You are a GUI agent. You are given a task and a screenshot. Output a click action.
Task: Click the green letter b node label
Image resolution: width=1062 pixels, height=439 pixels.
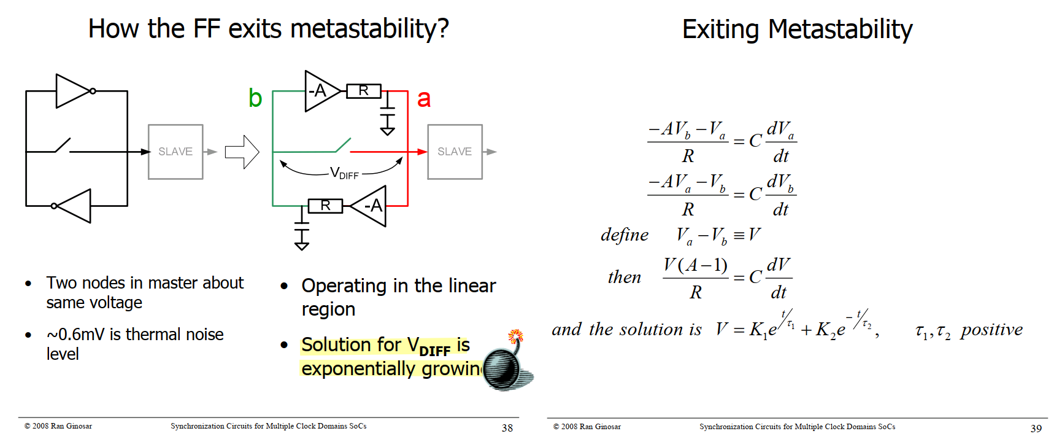(255, 98)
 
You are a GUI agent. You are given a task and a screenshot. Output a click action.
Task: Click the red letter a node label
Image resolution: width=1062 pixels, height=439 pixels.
(424, 99)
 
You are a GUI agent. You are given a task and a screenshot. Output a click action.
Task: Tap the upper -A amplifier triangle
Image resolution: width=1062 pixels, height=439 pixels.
(320, 91)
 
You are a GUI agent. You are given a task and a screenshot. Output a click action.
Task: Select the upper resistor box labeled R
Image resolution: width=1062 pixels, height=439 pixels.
(364, 91)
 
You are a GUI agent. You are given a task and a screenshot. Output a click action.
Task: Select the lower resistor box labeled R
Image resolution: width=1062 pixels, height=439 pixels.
(325, 206)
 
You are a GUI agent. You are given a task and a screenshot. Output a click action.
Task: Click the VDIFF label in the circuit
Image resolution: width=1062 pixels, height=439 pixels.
(344, 173)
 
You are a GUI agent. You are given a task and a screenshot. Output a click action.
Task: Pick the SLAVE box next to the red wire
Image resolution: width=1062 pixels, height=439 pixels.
(455, 152)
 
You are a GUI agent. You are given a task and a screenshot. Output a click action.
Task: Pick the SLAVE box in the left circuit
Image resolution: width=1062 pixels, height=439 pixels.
(175, 152)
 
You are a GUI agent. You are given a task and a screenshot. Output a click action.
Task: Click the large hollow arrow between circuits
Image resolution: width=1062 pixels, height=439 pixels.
(242, 152)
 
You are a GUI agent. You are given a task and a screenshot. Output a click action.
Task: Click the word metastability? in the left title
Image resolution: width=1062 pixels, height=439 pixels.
(369, 29)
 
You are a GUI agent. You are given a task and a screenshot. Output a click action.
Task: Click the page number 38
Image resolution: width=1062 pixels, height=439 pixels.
(507, 428)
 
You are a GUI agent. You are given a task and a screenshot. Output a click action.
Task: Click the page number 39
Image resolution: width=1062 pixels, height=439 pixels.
(1036, 428)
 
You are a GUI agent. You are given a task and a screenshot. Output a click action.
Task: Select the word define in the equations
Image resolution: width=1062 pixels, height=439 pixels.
(625, 235)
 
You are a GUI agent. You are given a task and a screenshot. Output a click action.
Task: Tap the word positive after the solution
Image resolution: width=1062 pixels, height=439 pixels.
(992, 330)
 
